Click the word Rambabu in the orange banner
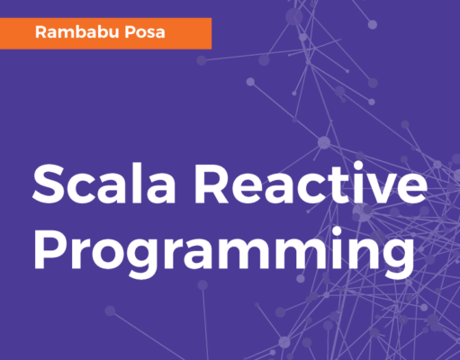coord(77,32)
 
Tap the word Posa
coord(145,32)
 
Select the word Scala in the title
coord(104,184)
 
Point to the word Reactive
coord(311,184)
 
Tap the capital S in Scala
coord(49,184)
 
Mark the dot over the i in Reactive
coord(359,166)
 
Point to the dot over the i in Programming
coord(338,232)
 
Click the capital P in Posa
coord(131,32)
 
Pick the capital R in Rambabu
coord(41,32)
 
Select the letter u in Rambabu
coord(114,34)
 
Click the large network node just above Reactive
coord(324,142)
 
